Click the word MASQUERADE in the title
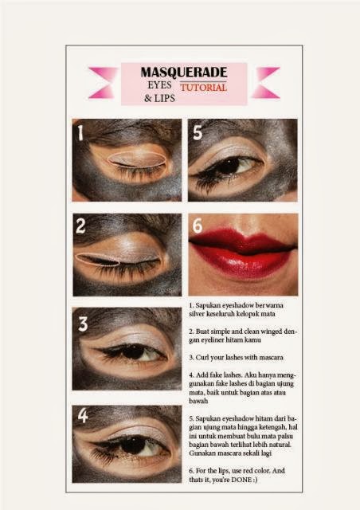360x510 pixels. (184, 73)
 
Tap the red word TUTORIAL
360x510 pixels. (204, 88)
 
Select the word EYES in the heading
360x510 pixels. (159, 85)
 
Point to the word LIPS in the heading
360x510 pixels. (165, 98)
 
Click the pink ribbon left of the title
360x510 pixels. (103, 83)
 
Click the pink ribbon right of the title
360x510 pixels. (266, 83)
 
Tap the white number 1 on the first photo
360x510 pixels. (80, 133)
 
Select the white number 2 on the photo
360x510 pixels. (80, 226)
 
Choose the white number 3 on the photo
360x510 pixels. (83, 324)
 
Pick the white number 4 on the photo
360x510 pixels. (83, 415)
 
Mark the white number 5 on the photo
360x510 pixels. (198, 132)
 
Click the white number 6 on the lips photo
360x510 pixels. (197, 226)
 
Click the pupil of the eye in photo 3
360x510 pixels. (133, 352)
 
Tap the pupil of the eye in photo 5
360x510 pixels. (229, 166)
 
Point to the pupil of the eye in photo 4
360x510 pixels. (132, 445)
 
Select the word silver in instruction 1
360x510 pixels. (197, 314)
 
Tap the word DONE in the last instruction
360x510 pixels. (241, 480)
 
